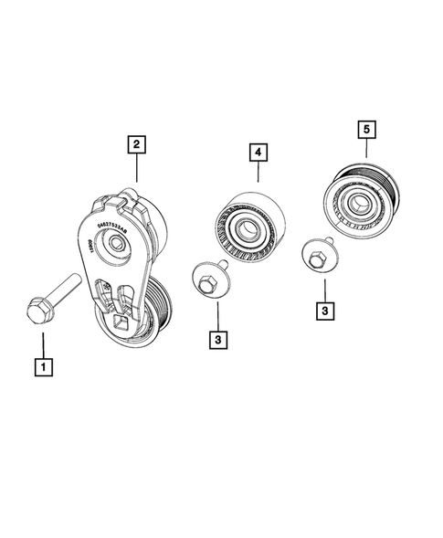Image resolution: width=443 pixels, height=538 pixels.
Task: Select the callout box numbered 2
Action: point(135,143)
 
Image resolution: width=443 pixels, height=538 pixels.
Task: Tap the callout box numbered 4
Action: point(258,154)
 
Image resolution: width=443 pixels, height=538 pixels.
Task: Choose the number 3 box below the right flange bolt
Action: point(323,311)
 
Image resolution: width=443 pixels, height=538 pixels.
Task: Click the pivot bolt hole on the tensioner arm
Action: point(116,243)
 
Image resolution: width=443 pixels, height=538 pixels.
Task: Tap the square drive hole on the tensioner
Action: point(120,320)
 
